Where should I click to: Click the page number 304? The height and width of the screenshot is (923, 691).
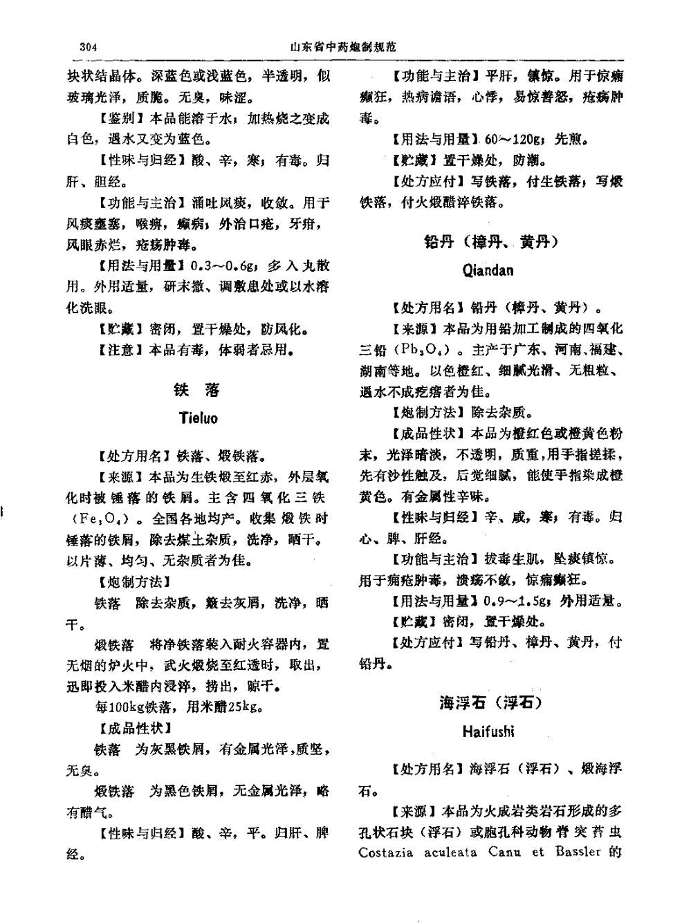click(x=89, y=46)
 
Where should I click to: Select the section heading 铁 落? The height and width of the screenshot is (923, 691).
click(x=198, y=391)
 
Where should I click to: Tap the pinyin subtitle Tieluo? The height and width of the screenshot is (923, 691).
click(x=198, y=418)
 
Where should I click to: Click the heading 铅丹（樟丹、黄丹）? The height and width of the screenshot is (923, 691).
click(x=490, y=242)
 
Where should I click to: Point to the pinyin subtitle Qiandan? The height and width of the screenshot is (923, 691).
click(x=488, y=270)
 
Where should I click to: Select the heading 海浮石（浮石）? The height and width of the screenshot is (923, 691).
click(x=490, y=703)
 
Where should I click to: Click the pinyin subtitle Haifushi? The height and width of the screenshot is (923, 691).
click(x=488, y=731)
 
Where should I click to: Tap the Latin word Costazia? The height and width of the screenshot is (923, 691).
click(x=385, y=852)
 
